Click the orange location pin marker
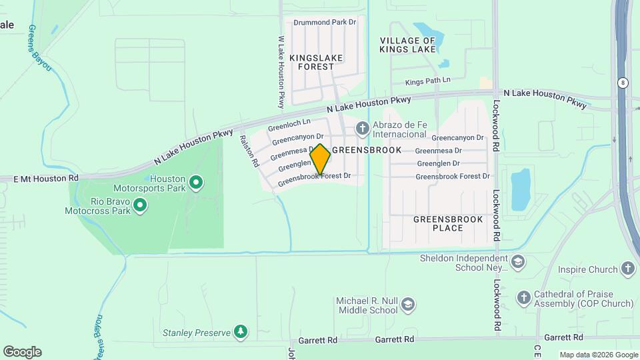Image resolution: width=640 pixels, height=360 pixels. coord(320,159)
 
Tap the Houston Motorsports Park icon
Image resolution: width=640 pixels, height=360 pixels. coord(196,182)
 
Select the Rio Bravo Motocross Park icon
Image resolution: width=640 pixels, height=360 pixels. coord(140,206)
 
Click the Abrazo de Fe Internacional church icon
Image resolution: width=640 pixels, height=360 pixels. coord(363,127)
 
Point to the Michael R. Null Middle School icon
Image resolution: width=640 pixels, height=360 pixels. coord(408,305)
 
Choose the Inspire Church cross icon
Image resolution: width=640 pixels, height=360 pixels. coord(627,269)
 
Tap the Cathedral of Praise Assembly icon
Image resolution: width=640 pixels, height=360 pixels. coord(524,298)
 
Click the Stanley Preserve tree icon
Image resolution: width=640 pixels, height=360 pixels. coord(241,332)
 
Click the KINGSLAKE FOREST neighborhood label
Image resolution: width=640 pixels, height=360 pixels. coord(316,62)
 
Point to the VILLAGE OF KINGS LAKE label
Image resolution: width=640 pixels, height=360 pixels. coord(407,45)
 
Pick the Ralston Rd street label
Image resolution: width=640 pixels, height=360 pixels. coord(248,151)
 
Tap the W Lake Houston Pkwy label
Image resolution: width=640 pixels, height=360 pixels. coord(281,72)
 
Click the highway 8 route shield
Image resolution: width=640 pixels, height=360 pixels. coord(622,82)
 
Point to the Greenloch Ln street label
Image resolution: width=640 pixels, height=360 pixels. coord(289,125)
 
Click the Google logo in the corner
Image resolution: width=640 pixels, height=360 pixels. coord(22,351)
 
